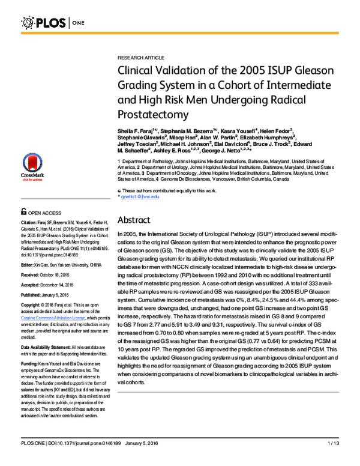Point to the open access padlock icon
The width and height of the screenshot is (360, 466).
pos(23,211)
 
